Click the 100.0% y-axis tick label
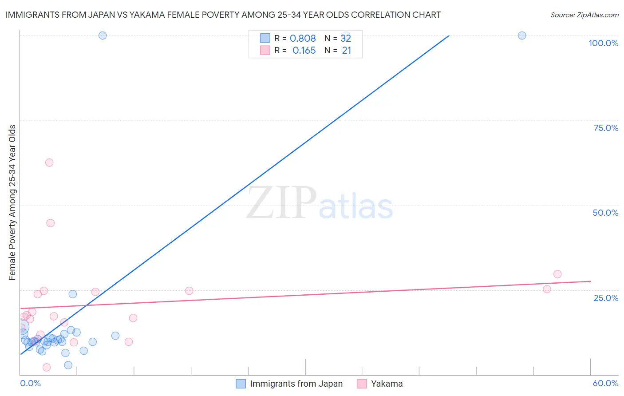(603, 43)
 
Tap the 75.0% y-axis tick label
(606, 128)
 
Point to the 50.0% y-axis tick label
(605, 213)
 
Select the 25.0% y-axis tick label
(606, 298)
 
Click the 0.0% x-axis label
(30, 383)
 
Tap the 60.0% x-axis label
(605, 383)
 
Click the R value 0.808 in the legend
(303, 39)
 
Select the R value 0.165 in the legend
(304, 51)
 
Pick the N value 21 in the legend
(347, 51)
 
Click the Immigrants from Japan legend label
(296, 384)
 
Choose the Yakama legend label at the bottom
(387, 384)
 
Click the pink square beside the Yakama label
(362, 384)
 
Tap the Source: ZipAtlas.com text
(584, 15)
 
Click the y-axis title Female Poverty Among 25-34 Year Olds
(12, 202)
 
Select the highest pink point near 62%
(49, 162)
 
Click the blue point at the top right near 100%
(522, 36)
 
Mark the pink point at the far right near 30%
(557, 274)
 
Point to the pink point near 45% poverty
(50, 223)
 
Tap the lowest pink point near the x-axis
(47, 367)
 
